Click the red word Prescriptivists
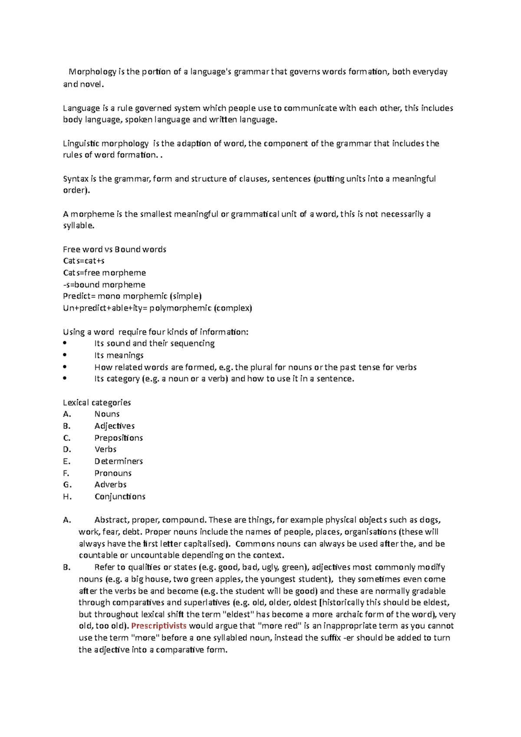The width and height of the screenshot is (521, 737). (159, 626)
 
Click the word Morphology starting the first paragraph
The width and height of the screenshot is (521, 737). (92, 72)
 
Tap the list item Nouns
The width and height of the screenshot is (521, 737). (107, 414)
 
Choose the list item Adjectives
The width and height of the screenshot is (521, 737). (115, 426)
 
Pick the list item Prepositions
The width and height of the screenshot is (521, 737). (119, 438)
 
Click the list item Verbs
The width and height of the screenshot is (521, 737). (106, 449)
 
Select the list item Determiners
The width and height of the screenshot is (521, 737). (119, 461)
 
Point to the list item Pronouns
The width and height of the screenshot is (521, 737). (113, 473)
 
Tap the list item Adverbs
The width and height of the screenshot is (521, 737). (110, 484)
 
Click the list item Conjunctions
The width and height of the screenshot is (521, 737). (120, 497)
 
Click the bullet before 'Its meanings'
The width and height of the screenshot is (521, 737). (65, 355)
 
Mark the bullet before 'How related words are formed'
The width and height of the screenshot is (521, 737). (65, 367)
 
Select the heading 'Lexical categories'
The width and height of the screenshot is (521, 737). (97, 402)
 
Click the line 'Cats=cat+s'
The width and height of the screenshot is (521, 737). (84, 261)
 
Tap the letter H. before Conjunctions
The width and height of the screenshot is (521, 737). (67, 497)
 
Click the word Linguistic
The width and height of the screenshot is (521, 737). (81, 144)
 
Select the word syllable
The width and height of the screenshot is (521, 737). (78, 226)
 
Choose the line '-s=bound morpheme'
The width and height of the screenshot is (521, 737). (104, 285)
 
